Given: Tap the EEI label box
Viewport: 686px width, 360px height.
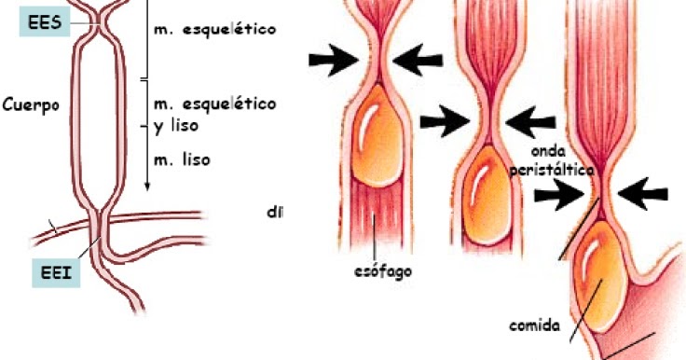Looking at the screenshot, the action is point(50,276).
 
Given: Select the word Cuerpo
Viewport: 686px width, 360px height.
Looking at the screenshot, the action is point(31,104).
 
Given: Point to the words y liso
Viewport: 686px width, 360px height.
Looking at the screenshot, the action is point(180,123).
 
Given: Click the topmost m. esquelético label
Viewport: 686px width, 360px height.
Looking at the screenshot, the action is point(214,29).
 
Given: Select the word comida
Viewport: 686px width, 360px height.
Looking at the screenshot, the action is point(534,325).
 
